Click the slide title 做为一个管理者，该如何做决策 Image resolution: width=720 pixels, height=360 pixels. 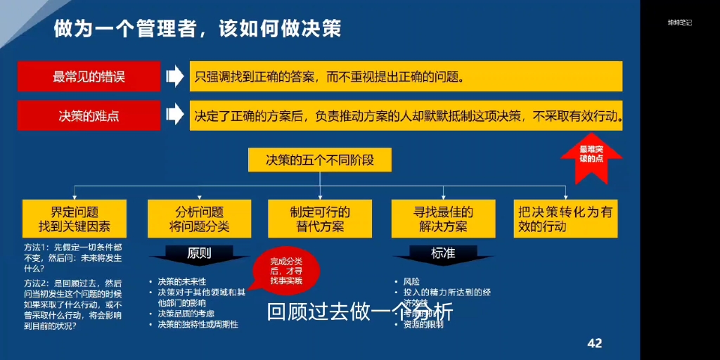pos(198,29)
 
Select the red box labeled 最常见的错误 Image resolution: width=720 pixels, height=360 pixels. pos(89,77)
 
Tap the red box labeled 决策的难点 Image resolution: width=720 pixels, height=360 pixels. pos(89,115)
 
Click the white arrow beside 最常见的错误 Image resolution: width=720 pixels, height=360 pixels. pos(174,77)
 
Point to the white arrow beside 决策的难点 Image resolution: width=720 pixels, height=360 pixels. pos(174,115)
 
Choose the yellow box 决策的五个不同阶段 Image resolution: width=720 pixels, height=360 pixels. pos(319,160)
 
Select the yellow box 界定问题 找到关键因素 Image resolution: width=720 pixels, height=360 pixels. pos(75,219)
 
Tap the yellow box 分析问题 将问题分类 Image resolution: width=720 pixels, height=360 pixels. pos(200,219)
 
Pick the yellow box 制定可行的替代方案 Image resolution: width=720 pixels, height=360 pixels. pos(320,219)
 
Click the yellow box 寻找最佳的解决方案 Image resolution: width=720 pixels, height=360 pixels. pos(443,219)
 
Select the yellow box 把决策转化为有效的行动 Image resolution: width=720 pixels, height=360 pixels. pos(565,219)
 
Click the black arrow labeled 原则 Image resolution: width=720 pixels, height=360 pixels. pos(199,255)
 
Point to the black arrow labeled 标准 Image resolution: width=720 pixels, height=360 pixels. pos(443,255)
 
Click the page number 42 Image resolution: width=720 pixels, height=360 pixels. pos(594,342)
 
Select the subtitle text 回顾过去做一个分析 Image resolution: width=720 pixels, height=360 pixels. pos(360,312)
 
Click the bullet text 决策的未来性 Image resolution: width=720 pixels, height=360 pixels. pos(182,281)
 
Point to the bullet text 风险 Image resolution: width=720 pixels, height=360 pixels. pos(411,281)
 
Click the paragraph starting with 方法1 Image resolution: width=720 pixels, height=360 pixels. pos(74,258)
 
